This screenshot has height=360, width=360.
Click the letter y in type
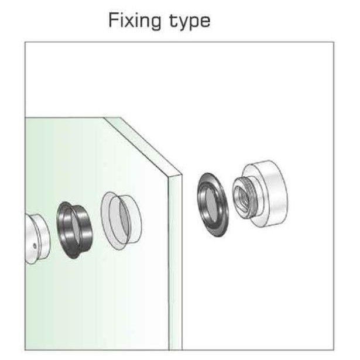pyautogui.click(x=183, y=24)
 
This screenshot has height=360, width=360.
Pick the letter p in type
pyautogui.click(x=194, y=24)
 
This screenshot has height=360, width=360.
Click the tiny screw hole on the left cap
pyautogui.click(x=35, y=245)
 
